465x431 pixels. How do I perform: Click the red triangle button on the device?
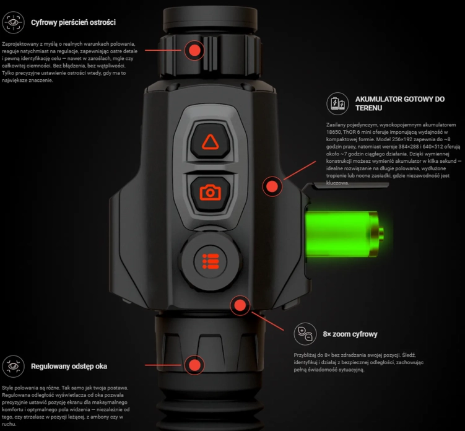point(211,141)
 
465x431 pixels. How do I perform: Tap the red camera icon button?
point(211,193)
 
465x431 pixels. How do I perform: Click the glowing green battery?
point(344,234)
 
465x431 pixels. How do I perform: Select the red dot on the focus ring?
point(194,50)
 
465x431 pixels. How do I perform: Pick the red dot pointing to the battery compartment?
point(272,186)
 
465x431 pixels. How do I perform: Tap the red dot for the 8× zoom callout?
point(240,305)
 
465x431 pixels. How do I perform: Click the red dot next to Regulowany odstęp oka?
point(194,365)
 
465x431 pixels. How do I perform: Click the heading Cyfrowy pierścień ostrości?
point(73,22)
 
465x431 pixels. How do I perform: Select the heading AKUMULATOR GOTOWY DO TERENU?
point(400,103)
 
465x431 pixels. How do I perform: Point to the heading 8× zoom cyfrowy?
point(350,334)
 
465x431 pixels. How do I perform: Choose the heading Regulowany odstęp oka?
point(69,367)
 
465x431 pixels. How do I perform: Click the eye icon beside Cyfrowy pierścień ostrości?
point(14,22)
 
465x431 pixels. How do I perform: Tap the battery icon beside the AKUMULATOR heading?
point(337,103)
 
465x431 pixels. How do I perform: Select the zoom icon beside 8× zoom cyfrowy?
point(305,334)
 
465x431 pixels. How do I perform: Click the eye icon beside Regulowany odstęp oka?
point(14,367)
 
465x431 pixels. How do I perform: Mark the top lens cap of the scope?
point(211,19)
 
